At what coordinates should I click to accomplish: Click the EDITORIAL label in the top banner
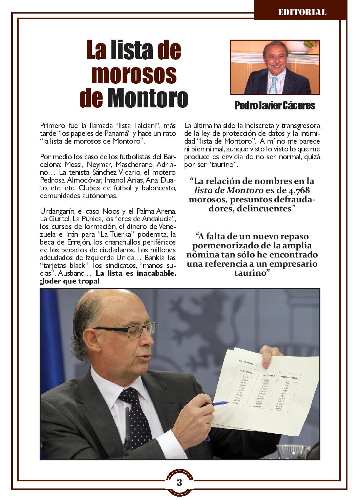click(x=302, y=13)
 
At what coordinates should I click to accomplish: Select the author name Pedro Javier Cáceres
click(x=275, y=106)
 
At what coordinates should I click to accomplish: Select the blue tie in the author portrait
click(x=273, y=85)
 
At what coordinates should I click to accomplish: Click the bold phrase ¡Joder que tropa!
click(x=70, y=282)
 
